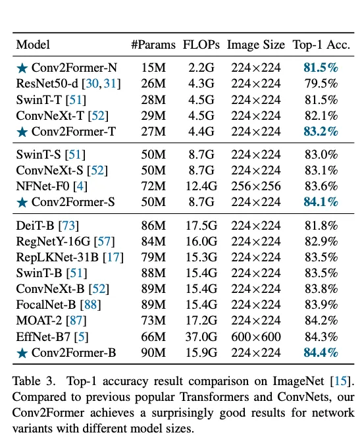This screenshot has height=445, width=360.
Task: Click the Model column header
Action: point(33,45)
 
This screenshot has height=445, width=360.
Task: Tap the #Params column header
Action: point(153,45)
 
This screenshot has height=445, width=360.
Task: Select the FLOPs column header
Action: point(201,45)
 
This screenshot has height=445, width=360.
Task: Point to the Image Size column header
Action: point(256,45)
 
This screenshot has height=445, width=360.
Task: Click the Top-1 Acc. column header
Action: point(321,45)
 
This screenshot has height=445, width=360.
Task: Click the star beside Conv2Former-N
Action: point(22,68)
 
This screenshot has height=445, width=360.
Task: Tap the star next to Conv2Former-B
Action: point(22,353)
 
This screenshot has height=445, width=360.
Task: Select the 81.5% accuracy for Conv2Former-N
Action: point(321,68)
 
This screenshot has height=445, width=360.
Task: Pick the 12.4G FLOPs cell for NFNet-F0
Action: point(201,186)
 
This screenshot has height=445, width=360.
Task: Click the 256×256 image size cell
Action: point(256,186)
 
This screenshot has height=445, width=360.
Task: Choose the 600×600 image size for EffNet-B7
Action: point(256,337)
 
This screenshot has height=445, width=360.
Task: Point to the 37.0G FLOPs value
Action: point(201,337)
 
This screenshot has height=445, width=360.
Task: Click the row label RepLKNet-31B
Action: point(57,257)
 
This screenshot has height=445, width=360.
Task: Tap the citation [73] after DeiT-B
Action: point(68,226)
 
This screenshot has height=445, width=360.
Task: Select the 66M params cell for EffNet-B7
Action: point(153,337)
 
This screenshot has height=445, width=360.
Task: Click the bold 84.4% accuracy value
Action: point(321,353)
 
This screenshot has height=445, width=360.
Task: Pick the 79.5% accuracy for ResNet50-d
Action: point(321,84)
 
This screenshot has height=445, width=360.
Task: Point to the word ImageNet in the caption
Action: point(298,381)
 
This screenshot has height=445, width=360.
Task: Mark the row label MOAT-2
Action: point(39,321)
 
